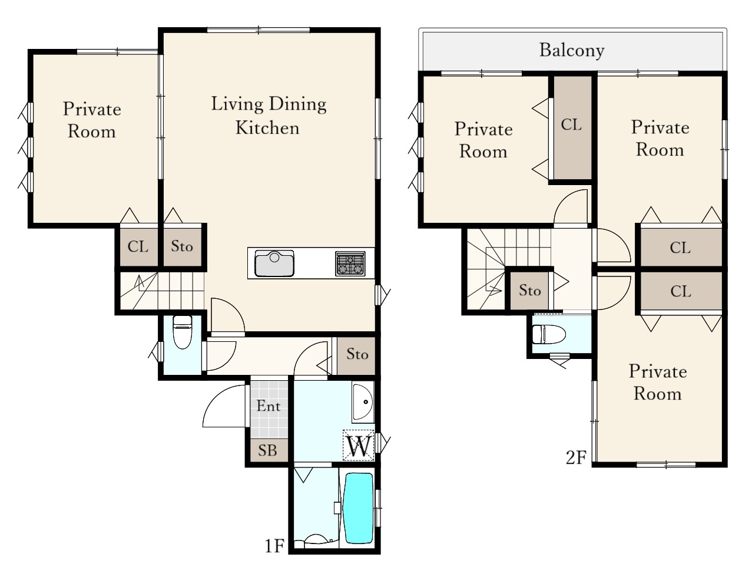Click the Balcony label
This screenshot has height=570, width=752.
click(571, 51)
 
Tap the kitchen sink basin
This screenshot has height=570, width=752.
click(274, 263)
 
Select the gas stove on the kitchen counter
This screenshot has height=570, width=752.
click(350, 263)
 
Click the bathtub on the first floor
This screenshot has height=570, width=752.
click(359, 508)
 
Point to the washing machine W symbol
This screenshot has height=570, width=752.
click(359, 446)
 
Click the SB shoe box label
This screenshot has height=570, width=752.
click(267, 450)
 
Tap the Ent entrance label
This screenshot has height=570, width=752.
click(269, 406)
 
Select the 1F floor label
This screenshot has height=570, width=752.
click(274, 546)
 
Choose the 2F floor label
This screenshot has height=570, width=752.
click(577, 457)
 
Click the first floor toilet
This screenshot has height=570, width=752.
click(183, 332)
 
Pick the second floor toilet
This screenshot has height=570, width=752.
click(549, 334)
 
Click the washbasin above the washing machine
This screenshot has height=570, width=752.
click(363, 402)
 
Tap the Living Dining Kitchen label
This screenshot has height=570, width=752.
click(269, 116)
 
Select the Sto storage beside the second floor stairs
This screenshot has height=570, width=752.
click(529, 290)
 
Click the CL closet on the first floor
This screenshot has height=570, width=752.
click(138, 246)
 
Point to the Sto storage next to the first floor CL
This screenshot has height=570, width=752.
click(183, 246)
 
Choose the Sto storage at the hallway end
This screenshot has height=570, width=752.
click(356, 355)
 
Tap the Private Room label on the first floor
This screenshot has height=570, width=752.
click(92, 120)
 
